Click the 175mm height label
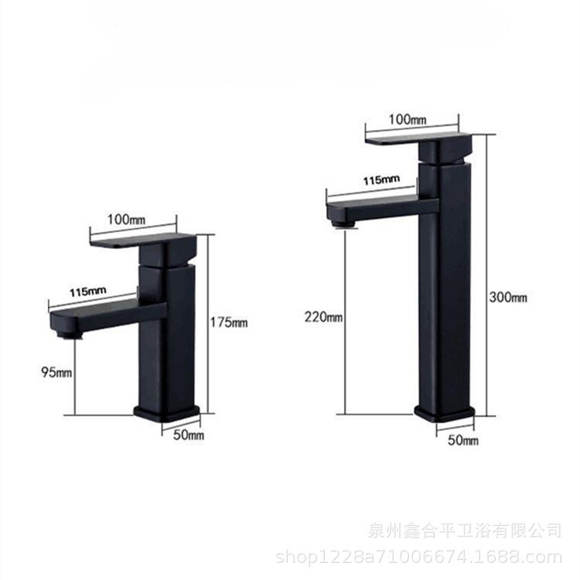pos(230,322)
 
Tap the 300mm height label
pos(507,298)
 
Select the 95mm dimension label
pos(56,372)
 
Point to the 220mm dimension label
pos(323,316)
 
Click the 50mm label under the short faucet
pos(189,435)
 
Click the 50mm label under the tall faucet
pos(463,440)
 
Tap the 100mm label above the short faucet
pos(126,219)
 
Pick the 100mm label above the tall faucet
pos(407,119)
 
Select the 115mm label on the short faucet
pos(88,292)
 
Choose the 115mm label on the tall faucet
pos(380,180)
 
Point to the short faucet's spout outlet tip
pos(70,334)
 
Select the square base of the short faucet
pos(166,412)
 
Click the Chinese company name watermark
pos(464,531)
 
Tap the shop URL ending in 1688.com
pos(418,556)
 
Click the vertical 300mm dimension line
pos(489,232)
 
